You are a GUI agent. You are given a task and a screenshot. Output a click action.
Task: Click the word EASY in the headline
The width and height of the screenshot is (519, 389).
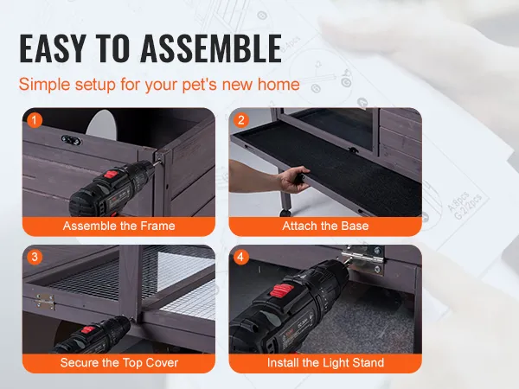pos(53,48)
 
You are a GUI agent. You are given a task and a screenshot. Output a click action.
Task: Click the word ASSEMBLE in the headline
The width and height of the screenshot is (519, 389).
pos(211,48)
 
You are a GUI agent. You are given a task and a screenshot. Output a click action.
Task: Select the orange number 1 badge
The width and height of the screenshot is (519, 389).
pos(35,120)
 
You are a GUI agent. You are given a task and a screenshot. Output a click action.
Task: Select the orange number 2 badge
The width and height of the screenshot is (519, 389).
pos(241,120)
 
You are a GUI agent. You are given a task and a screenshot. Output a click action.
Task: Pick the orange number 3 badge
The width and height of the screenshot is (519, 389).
pos(35,257)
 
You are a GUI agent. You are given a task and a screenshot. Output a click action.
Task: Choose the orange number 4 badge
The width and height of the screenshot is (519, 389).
pos(241,257)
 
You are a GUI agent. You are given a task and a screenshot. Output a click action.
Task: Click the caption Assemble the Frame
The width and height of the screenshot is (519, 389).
pos(119,226)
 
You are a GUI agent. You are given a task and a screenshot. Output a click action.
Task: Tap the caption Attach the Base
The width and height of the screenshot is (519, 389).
pos(325,226)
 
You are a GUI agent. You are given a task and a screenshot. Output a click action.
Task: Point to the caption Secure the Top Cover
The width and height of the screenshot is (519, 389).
pos(119,363)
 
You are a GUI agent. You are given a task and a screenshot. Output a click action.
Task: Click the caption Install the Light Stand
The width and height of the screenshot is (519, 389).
pos(325,363)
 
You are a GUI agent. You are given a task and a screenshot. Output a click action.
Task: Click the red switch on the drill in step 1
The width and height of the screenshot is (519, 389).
pos(112,174)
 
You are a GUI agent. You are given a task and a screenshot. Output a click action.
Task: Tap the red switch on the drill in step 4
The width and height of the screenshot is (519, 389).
pos(282,290)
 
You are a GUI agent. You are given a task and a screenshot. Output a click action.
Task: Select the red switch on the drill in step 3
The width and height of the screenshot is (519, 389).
pos(88,330)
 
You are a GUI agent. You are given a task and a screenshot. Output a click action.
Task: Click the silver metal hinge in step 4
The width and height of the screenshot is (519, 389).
pos(363,258)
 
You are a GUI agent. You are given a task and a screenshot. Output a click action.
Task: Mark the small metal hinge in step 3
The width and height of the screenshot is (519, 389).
pos(45,302)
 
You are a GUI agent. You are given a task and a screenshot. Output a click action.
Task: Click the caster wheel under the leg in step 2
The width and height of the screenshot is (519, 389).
pos(285,213)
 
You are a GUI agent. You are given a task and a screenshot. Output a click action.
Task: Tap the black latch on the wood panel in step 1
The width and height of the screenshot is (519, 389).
pos(71,140)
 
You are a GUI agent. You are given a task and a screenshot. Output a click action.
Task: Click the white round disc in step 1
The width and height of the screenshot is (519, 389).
pos(102,124)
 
